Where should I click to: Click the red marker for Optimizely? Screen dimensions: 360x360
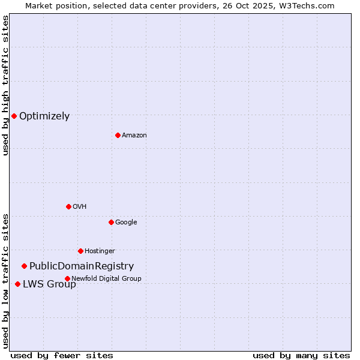point(14,116)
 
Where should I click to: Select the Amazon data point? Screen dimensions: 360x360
point(118,135)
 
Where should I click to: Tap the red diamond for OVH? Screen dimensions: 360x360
point(68,206)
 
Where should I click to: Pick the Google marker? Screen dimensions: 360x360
point(111,222)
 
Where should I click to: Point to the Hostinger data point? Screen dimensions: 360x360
point(80,251)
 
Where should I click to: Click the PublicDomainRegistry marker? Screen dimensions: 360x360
point(24,266)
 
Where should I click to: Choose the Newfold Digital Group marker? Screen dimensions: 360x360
point(67,278)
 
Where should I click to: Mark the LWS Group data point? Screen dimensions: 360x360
point(17,284)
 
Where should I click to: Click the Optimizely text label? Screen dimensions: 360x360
point(44,116)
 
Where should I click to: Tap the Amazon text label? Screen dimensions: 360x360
point(134,136)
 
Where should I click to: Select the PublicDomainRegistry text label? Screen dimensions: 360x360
point(82,266)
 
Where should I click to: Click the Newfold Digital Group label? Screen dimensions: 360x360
point(106,278)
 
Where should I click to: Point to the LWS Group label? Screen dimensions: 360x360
point(49,284)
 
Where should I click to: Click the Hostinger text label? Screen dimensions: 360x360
point(100,251)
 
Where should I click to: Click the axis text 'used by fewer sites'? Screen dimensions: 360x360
point(62,355)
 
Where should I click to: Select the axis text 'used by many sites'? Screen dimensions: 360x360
point(301,355)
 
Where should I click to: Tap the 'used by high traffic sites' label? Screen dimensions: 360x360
point(5,85)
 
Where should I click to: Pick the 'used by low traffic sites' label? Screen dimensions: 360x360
point(5,281)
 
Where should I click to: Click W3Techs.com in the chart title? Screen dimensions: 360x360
point(308,5)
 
